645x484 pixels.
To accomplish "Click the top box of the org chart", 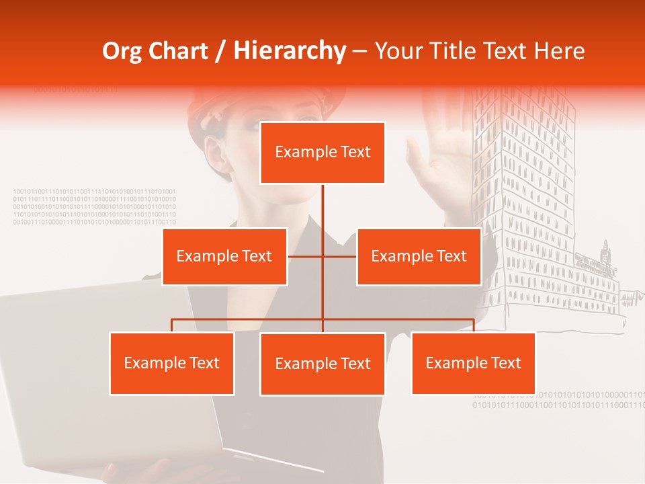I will (x=322, y=153).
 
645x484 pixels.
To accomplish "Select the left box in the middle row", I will (x=224, y=256).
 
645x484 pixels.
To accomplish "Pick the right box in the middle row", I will (x=419, y=256).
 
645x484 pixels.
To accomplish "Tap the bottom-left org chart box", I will (x=172, y=363).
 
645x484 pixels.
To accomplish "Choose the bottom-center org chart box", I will (x=322, y=364).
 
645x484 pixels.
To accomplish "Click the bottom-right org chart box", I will (x=473, y=363).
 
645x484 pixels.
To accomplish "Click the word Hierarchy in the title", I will (x=289, y=51).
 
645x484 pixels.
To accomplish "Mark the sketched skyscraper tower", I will (x=531, y=202).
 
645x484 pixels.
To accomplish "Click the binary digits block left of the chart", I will (x=94, y=206).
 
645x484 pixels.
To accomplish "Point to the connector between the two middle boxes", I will (x=322, y=256).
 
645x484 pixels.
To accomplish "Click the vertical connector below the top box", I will (x=322, y=205).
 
